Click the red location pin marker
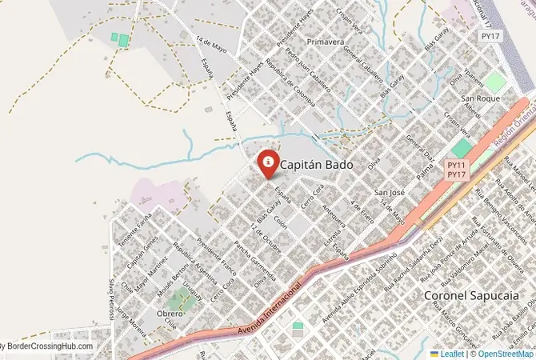tap(266, 162)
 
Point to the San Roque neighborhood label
tap(480, 98)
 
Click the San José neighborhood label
tap(391, 193)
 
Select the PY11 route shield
tap(457, 165)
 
